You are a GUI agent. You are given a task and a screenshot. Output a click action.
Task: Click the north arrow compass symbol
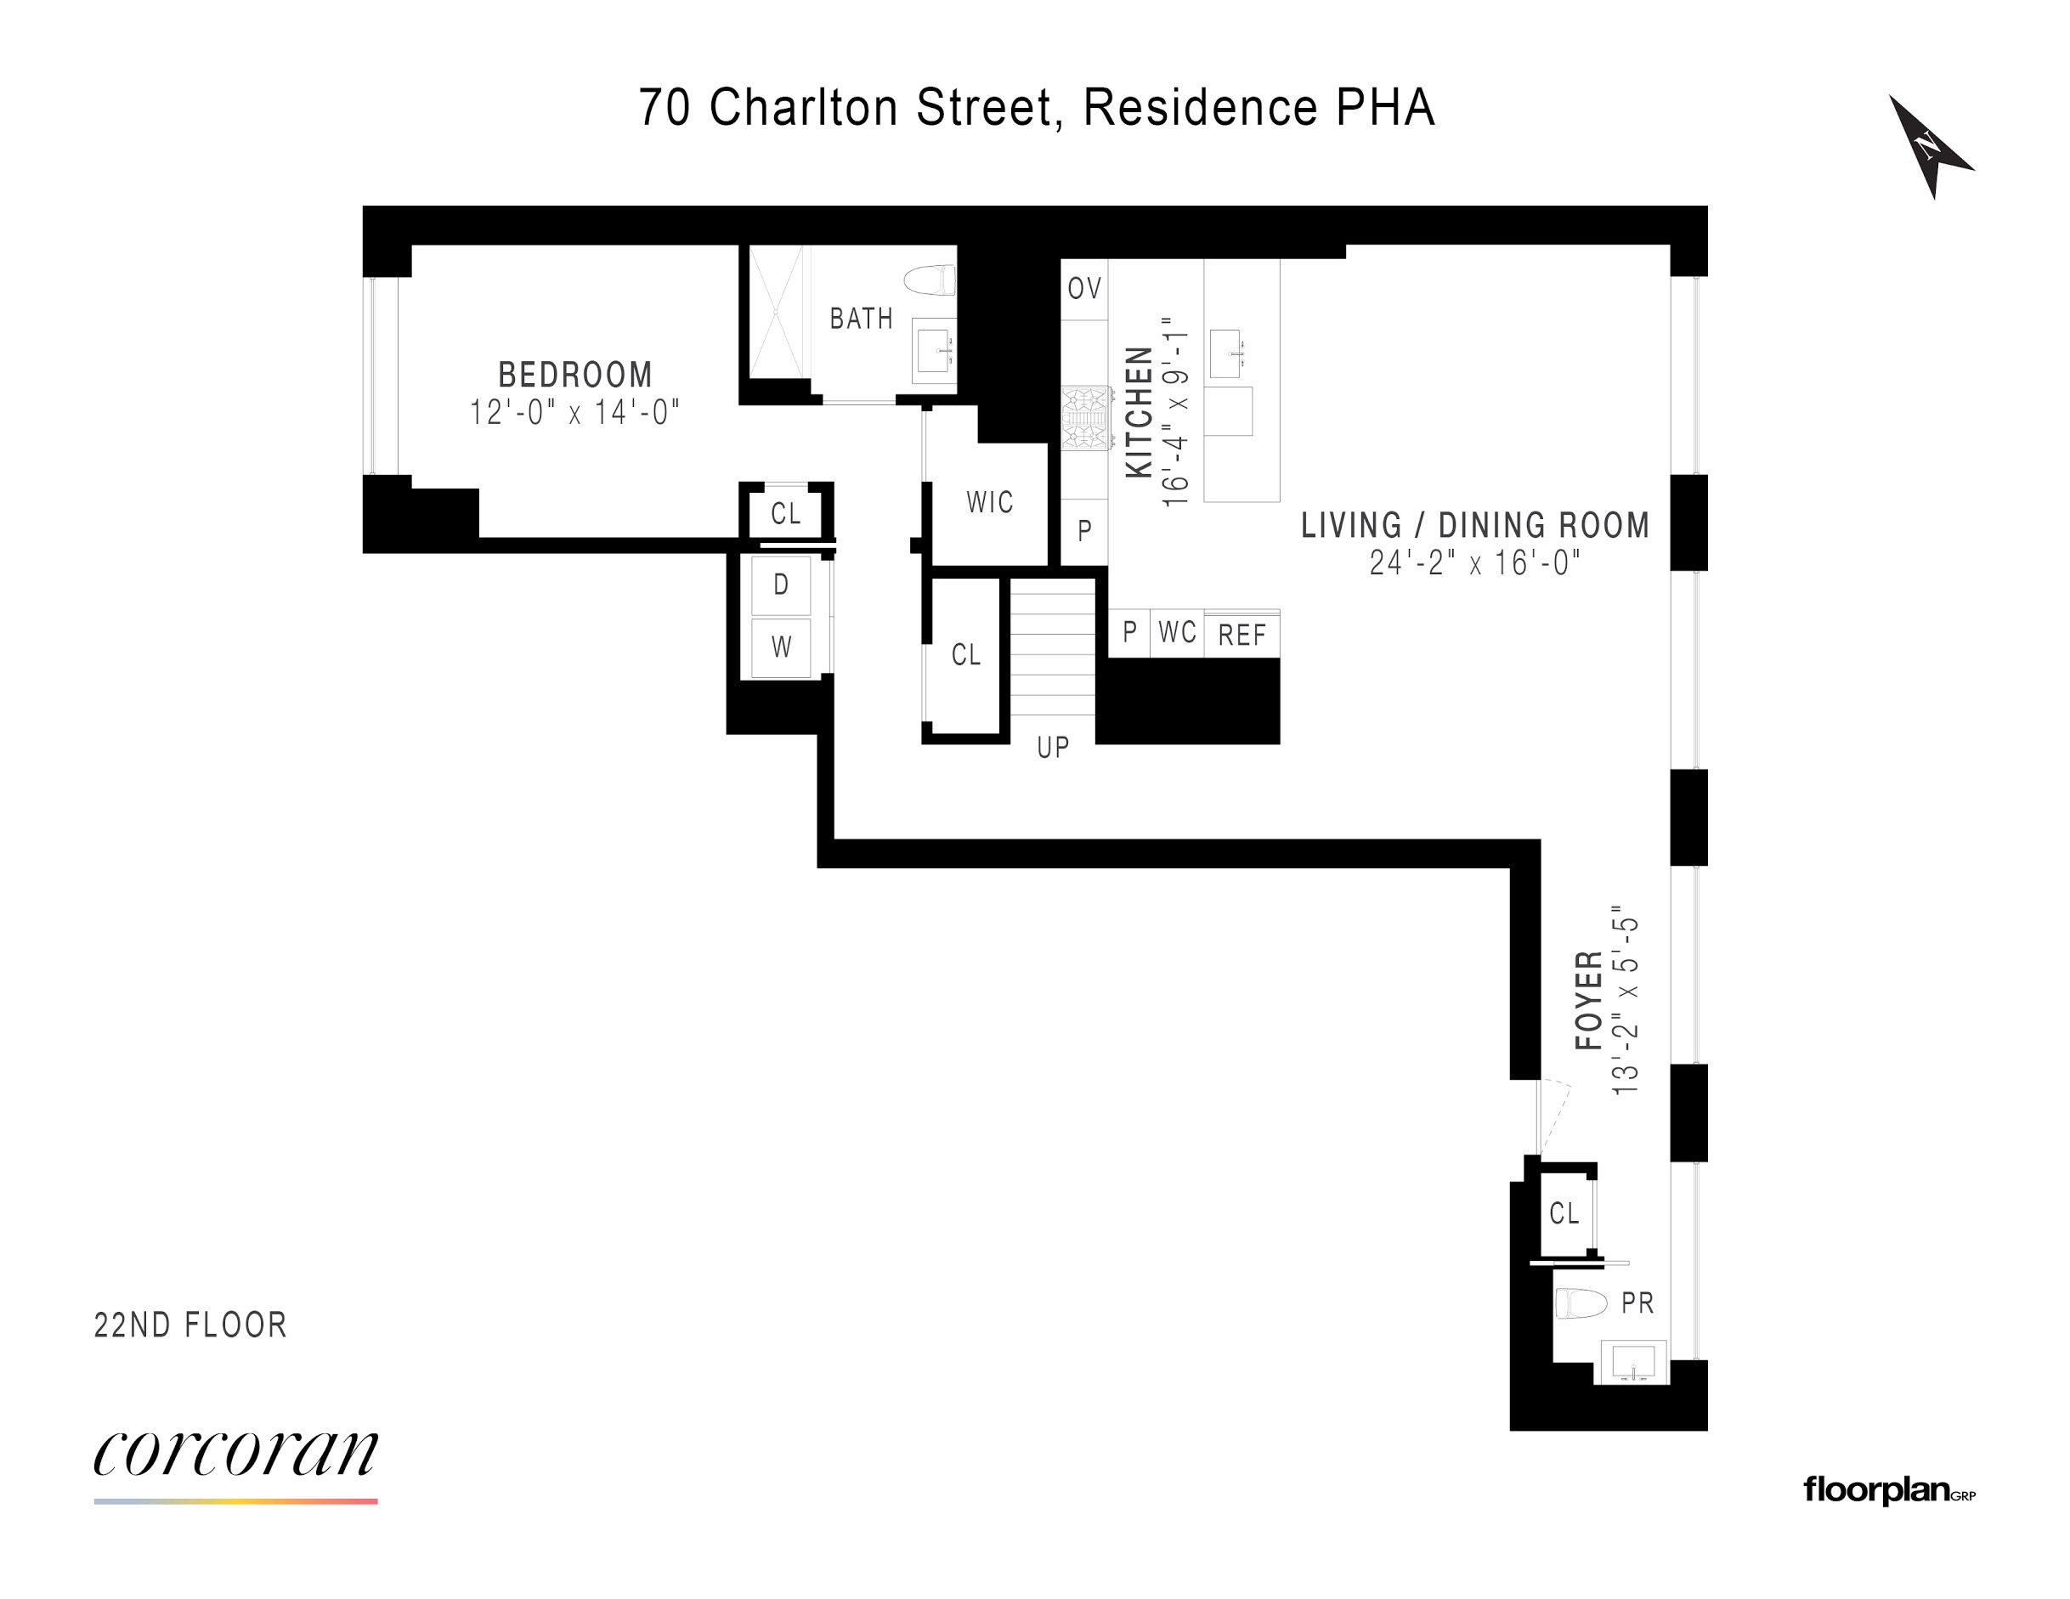[1928, 147]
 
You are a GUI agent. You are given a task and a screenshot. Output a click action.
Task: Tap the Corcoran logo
[235, 1455]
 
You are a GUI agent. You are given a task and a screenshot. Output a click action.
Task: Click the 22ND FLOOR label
[190, 1325]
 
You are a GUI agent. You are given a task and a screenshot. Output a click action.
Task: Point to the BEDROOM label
[575, 376]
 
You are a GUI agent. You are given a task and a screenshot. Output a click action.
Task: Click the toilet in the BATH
[930, 280]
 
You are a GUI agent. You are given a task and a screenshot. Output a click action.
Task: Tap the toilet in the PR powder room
[1581, 1303]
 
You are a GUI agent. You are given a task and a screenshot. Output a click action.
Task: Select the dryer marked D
[781, 585]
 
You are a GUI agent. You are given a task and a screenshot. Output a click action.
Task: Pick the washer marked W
[781, 647]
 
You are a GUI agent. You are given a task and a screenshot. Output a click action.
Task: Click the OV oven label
[1084, 288]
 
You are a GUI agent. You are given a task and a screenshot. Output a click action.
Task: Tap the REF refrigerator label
[1241, 635]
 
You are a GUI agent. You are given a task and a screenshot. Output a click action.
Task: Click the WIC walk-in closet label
[989, 502]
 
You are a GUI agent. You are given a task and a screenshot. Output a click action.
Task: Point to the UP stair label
[1052, 748]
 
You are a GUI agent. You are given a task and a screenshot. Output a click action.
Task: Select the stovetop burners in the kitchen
[1085, 418]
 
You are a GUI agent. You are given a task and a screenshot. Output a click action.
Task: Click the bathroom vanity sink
[935, 351]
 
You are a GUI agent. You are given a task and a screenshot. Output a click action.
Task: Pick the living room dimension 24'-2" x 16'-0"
[1473, 563]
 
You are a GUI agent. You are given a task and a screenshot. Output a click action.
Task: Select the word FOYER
[1588, 1000]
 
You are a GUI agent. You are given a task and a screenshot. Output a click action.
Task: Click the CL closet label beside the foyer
[1564, 1213]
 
